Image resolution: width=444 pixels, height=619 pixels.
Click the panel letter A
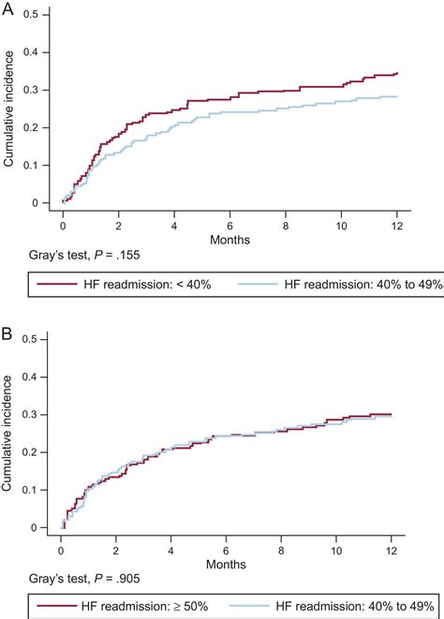[7, 8]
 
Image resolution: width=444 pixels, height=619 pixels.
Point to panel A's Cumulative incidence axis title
[9, 108]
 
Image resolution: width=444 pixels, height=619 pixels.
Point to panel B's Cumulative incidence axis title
[9, 433]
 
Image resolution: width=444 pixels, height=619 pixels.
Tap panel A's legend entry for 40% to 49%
[337, 284]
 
